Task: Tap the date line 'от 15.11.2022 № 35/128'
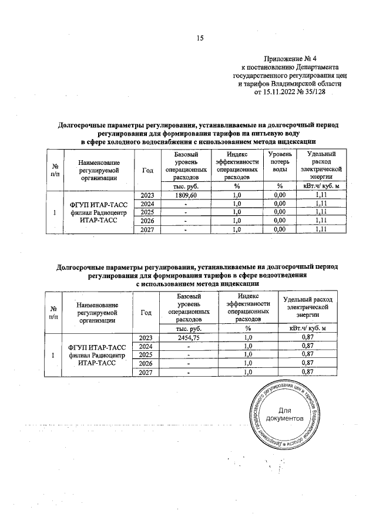point(290,92)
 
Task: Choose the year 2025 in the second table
point(147,355)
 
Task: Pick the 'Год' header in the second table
point(147,312)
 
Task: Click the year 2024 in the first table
point(147,204)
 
